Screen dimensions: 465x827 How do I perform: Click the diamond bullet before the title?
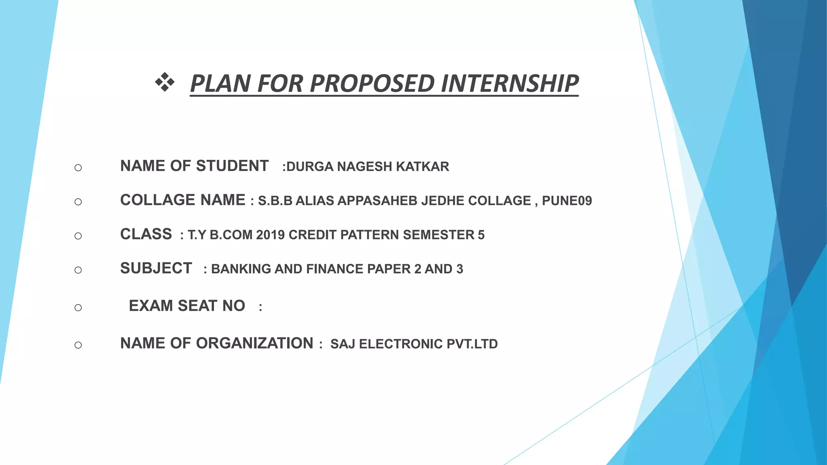tap(165, 82)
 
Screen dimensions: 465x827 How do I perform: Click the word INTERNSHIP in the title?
tap(510, 84)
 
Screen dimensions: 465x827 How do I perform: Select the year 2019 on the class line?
tap(270, 235)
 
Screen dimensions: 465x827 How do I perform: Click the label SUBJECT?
tap(156, 268)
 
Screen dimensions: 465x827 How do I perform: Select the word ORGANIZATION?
tap(254, 344)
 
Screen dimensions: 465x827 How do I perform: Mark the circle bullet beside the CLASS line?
tap(78, 236)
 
